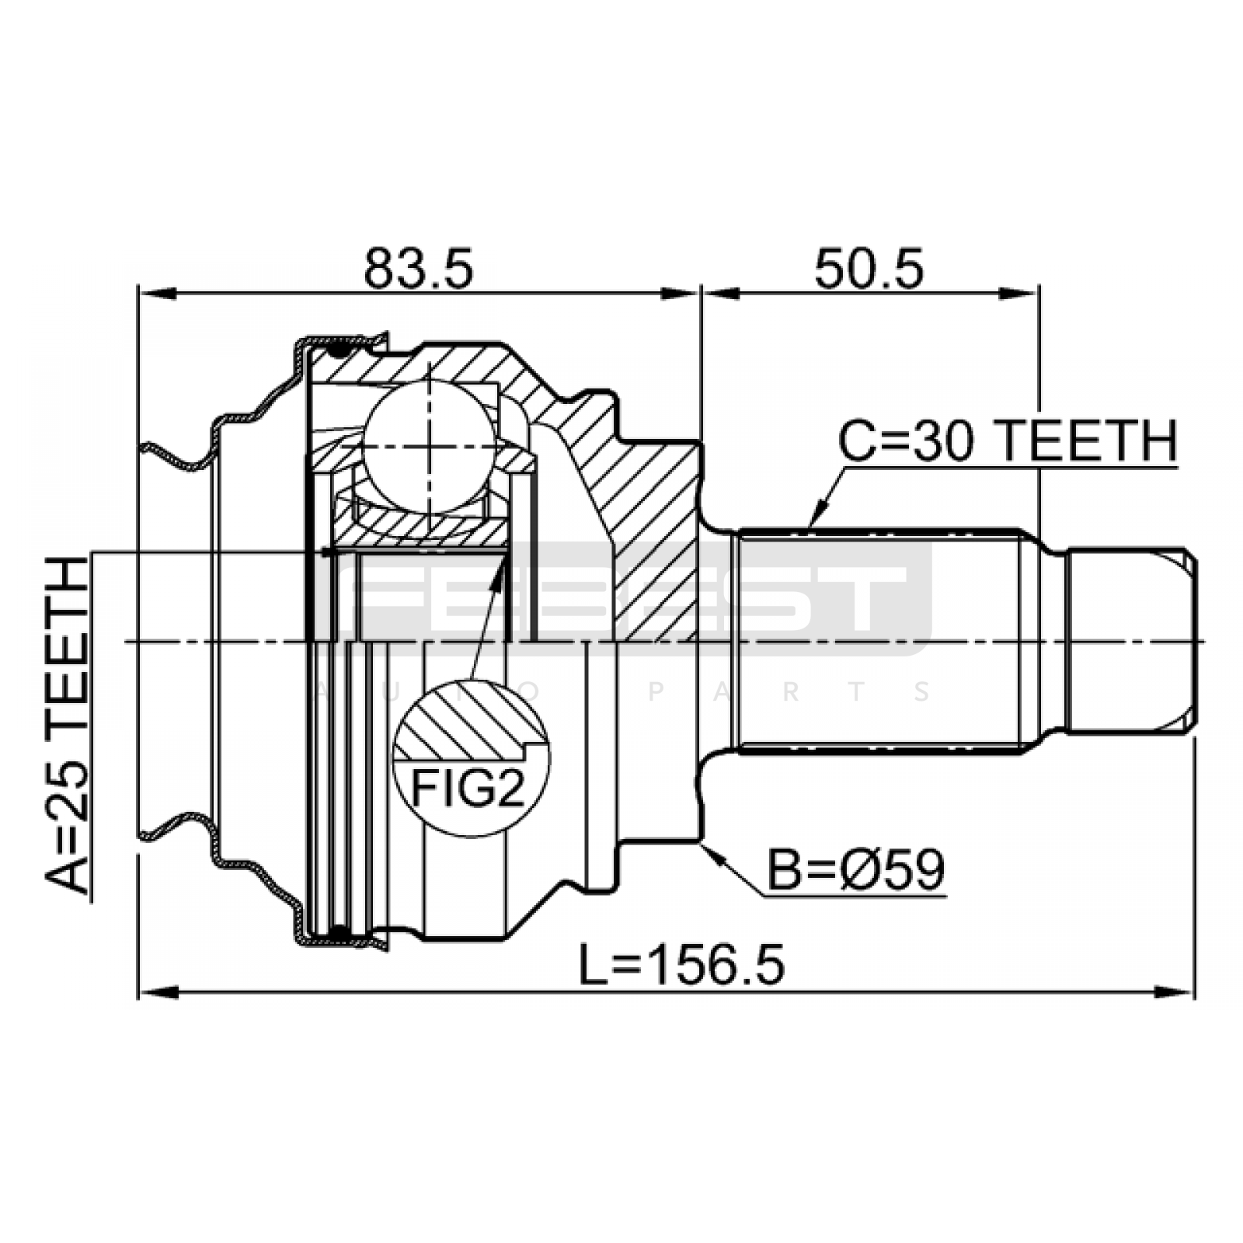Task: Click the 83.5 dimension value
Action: point(418,269)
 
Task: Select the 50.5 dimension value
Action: point(869,269)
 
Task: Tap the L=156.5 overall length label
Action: point(682,965)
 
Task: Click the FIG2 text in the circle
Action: point(468,789)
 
